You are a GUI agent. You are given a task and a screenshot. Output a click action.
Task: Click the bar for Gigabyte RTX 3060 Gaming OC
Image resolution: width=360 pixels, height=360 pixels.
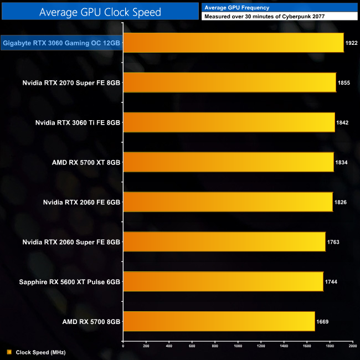233,42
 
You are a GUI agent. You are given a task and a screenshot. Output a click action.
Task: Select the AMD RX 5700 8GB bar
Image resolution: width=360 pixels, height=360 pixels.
219,321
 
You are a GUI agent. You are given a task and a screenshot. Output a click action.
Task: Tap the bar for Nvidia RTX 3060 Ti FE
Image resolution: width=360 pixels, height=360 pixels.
229,122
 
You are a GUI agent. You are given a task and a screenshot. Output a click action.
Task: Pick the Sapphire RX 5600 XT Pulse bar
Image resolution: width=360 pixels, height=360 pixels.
223,281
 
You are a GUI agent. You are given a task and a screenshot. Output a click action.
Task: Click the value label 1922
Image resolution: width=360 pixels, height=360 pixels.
351,43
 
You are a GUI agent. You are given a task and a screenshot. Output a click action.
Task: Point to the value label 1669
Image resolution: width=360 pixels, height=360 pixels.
322,321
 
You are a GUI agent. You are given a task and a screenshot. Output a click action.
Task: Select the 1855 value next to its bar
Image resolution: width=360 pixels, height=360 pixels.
343,83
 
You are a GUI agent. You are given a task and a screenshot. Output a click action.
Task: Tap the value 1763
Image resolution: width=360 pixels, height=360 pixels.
333,242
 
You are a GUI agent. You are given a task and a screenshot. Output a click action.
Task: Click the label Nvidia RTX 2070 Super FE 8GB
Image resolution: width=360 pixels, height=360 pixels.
71,83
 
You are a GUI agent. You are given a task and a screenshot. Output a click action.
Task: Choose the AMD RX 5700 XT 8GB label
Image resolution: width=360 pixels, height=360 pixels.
86,162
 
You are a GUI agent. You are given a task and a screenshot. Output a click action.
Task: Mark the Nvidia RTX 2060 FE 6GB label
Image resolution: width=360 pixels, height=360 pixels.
81,202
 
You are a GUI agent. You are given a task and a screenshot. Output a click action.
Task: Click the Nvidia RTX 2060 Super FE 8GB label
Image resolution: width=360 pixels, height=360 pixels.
71,242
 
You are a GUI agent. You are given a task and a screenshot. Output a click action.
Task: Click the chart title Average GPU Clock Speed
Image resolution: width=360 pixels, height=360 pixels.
100,11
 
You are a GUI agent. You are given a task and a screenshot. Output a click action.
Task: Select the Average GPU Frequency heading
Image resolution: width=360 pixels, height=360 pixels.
236,8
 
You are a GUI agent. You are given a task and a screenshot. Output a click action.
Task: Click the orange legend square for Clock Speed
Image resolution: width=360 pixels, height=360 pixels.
9,352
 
